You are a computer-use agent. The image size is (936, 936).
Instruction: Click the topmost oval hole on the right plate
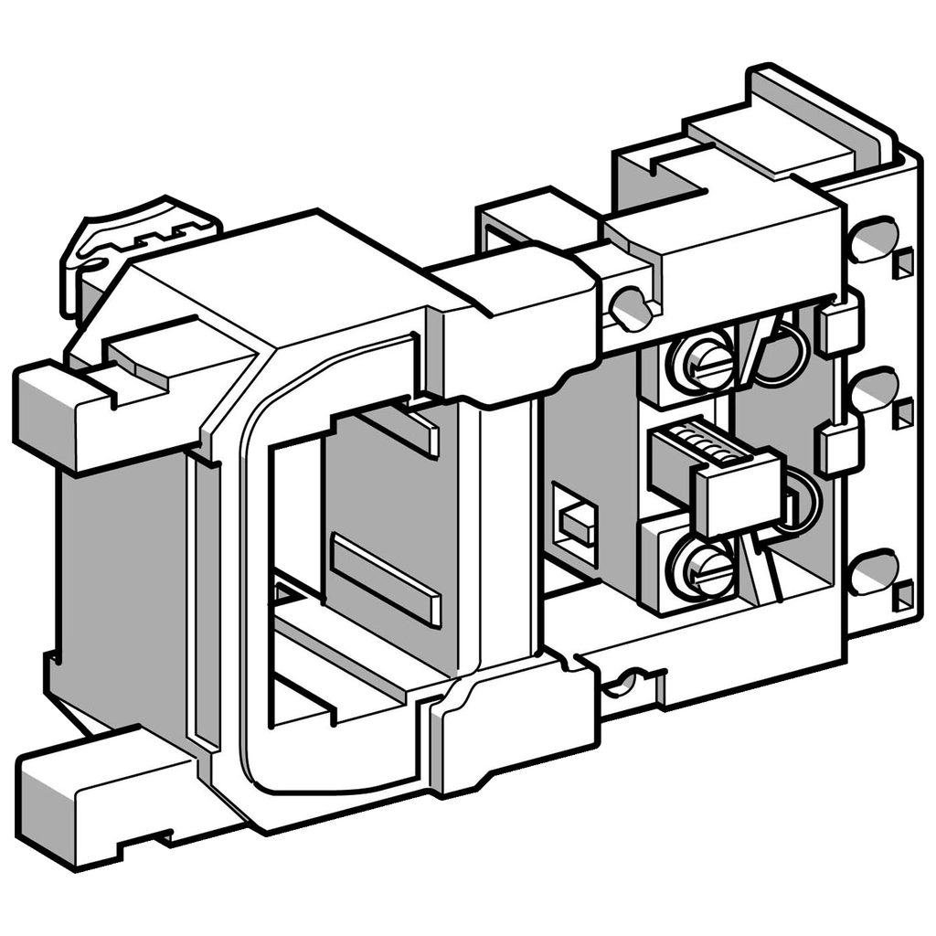[873, 239]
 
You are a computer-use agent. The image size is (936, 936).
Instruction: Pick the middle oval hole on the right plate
[873, 390]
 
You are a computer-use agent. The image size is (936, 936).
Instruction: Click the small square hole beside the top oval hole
[903, 264]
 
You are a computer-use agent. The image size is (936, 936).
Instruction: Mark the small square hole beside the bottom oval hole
[903, 596]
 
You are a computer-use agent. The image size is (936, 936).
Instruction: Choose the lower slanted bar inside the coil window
[384, 580]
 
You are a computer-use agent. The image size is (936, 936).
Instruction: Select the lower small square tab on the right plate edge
[839, 448]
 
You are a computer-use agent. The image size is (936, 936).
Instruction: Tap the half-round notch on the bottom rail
[627, 682]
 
